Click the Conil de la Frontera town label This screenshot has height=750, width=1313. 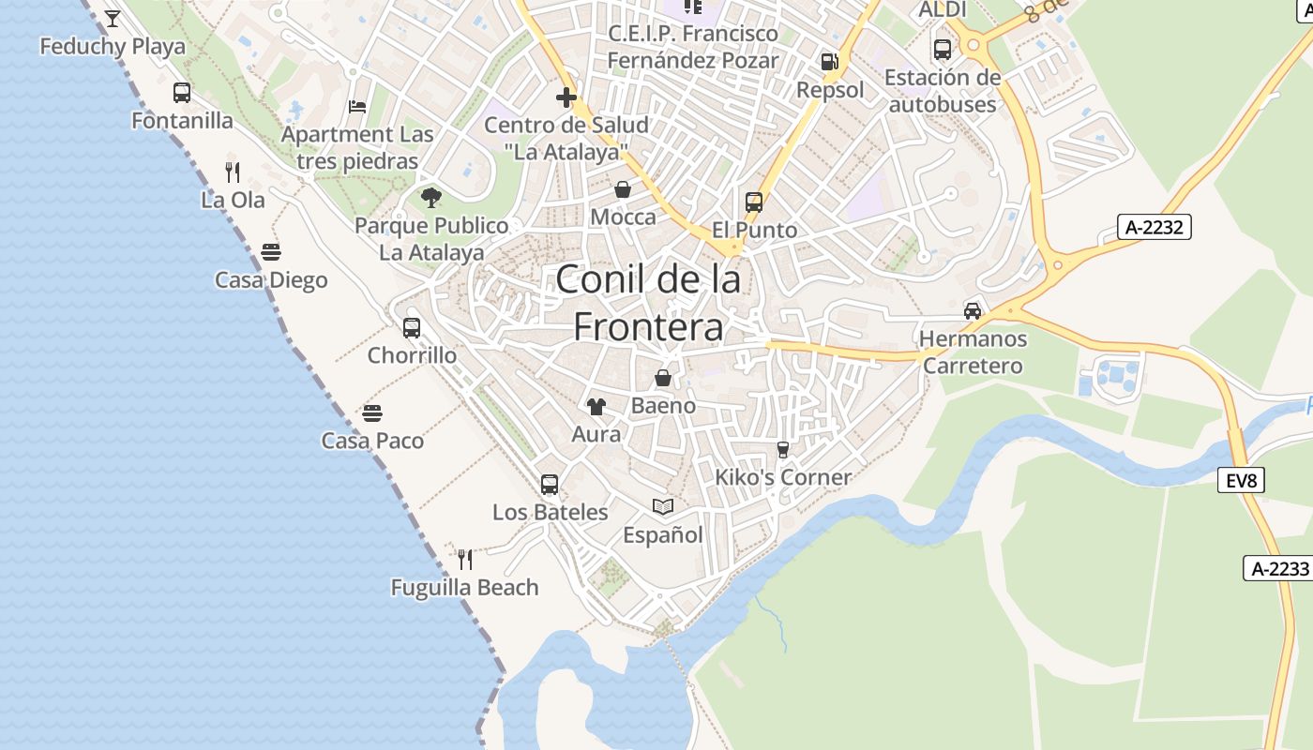pos(649,302)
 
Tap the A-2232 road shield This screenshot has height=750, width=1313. pos(1155,227)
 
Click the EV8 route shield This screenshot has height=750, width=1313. pos(1241,481)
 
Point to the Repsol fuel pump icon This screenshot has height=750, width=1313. pos(829,62)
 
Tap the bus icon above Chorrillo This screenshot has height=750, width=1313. pos(411,328)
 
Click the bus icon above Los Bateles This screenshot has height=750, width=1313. pos(550,485)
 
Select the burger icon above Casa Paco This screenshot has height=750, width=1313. pos(372,413)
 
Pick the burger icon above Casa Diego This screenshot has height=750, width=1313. pos(271,252)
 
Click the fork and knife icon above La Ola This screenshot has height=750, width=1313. pos(233,172)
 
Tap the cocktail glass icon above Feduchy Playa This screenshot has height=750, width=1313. pos(113,18)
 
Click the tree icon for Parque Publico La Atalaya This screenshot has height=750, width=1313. pos(431,197)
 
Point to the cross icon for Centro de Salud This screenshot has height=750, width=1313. pos(566,97)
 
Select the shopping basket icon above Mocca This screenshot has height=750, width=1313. pos(623,190)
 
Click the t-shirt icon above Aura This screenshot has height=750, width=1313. pos(596,407)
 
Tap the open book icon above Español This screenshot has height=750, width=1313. pos(663,507)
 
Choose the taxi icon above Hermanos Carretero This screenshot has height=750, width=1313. pos(973,310)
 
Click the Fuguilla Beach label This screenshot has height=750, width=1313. pos(464,588)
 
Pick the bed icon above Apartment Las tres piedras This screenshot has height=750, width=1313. pos(357,106)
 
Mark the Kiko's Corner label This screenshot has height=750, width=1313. pos(783,477)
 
